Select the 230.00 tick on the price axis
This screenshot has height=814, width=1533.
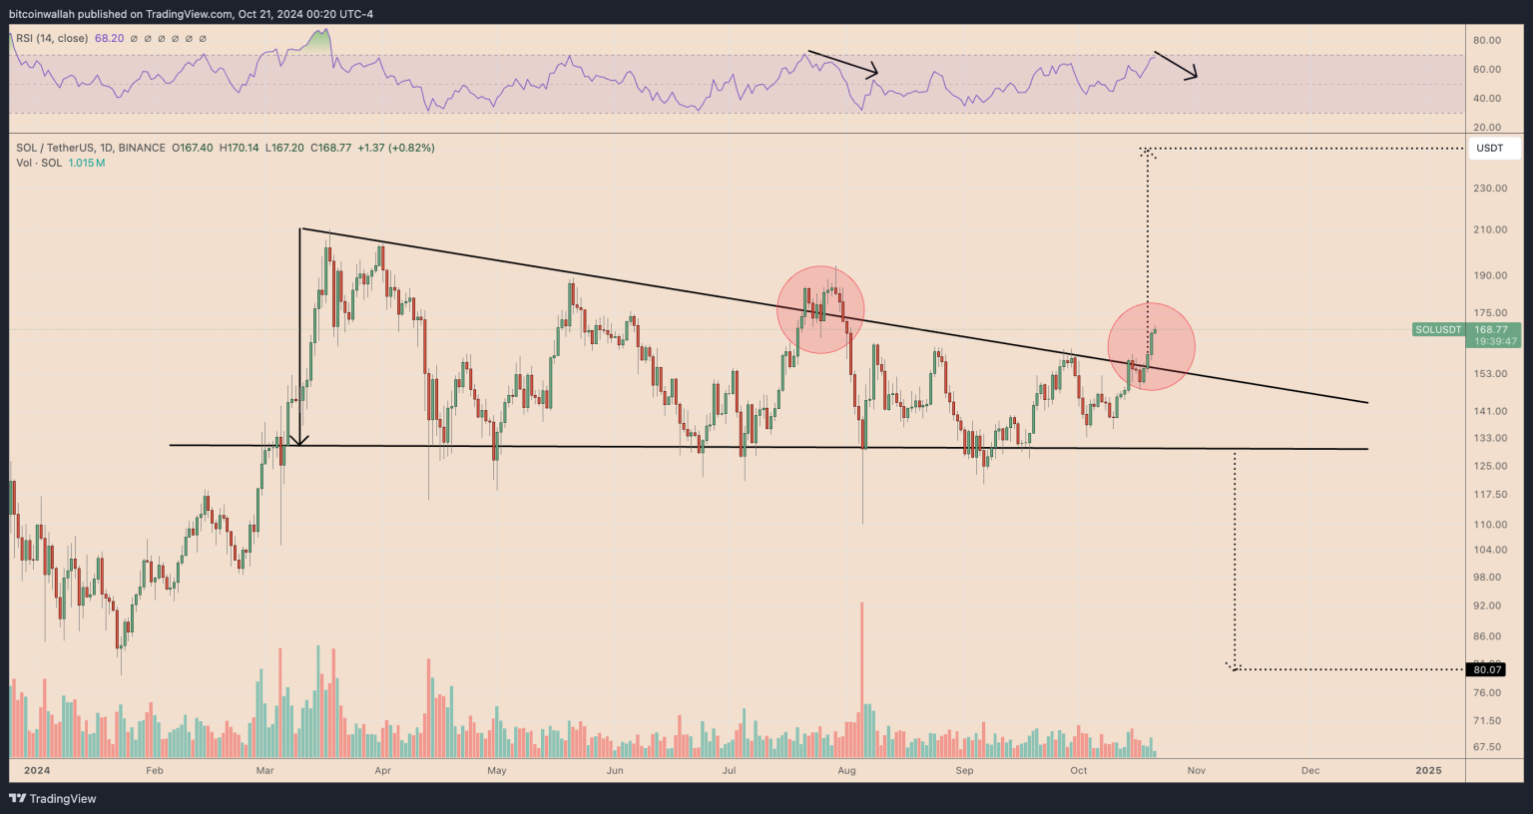click(1489, 189)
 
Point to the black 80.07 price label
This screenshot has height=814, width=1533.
click(1487, 669)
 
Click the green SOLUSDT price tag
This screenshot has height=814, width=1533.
click(1438, 330)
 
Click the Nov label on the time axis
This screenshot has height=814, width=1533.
click(1196, 770)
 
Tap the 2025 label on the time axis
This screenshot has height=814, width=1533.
click(1428, 770)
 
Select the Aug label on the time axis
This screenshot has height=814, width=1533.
click(847, 770)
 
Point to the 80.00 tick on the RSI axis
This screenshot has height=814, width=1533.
click(1487, 41)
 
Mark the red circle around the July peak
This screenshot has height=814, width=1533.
click(820, 309)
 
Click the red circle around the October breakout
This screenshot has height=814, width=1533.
click(1151, 346)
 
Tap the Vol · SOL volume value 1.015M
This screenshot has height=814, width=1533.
click(87, 163)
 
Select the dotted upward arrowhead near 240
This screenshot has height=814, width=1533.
click(1148, 152)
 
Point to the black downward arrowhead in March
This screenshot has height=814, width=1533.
click(299, 440)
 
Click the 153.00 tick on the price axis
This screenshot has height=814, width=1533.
click(1489, 374)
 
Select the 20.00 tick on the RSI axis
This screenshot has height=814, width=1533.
click(1487, 128)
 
